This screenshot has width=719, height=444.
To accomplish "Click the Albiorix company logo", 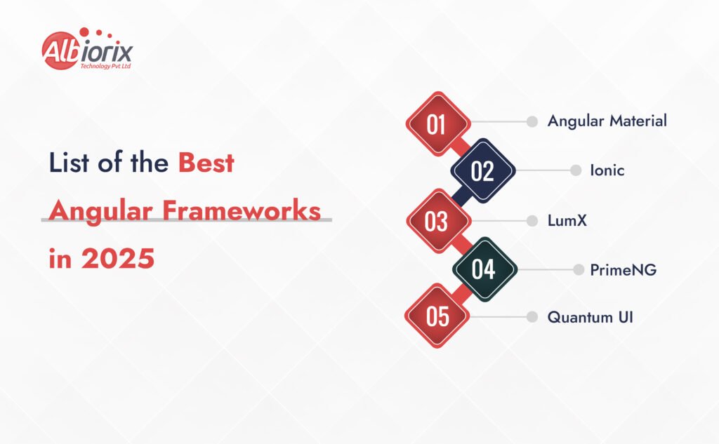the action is click(x=87, y=49).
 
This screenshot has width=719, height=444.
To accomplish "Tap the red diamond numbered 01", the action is click(x=438, y=123).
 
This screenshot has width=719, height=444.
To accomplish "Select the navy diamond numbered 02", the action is click(x=483, y=170).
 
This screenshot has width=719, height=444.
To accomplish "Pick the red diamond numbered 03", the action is click(x=438, y=221).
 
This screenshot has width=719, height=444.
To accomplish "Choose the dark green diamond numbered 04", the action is click(x=484, y=269).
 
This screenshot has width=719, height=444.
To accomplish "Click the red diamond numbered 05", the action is click(x=437, y=316).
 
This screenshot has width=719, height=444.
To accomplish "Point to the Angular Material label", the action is click(x=607, y=121).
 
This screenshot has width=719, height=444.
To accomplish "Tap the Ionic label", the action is click(x=607, y=170).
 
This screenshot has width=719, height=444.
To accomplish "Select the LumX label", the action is click(x=567, y=220).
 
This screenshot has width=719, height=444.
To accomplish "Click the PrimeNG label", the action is click(x=624, y=270).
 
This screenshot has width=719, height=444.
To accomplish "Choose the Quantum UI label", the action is click(x=590, y=317).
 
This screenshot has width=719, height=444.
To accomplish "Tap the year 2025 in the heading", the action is click(x=118, y=258).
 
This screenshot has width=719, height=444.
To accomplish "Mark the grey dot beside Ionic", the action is click(x=576, y=170).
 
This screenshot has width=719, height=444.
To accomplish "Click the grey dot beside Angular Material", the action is click(x=532, y=121).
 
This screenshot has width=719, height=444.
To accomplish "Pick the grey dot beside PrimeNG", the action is click(x=579, y=270).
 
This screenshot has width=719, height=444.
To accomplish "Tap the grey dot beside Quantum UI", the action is click(x=532, y=316).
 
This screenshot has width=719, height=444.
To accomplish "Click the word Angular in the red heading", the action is click(x=100, y=212).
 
